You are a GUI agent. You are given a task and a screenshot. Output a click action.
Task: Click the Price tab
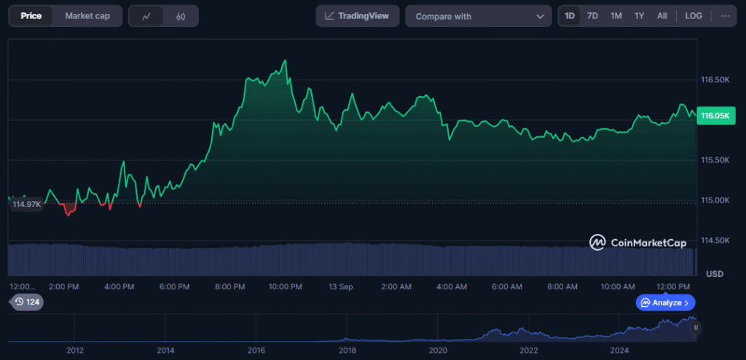[31, 16]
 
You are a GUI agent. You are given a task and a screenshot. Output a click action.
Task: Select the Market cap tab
[87, 16]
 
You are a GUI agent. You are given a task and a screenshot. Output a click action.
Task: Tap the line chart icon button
[146, 16]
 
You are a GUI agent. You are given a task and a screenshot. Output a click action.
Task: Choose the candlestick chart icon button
[181, 16]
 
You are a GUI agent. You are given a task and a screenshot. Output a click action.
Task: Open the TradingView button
[358, 16]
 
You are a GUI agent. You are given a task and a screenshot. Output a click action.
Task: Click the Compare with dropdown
[478, 16]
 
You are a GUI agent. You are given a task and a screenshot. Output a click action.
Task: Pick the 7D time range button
[593, 16]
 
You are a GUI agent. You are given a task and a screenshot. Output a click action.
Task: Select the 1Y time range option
[639, 16]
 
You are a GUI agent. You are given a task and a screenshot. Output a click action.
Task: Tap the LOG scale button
[694, 16]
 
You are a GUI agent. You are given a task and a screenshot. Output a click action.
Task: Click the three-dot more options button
[725, 16]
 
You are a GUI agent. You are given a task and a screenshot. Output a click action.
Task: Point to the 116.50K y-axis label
[715, 79]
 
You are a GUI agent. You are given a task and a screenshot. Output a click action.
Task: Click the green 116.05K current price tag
[716, 115]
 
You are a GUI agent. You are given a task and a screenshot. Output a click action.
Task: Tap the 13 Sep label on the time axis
[341, 287]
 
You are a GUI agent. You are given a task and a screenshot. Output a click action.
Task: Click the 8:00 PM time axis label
[230, 287]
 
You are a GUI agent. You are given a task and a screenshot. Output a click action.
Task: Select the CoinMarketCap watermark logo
[641, 242]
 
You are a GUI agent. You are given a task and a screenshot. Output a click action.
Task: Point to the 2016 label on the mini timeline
[256, 351]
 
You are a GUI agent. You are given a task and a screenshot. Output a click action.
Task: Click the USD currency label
[715, 274]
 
